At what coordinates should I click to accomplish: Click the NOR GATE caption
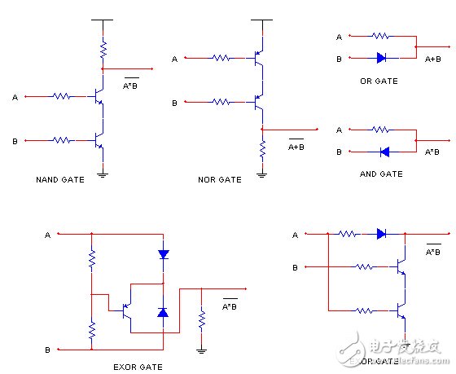click(x=219, y=179)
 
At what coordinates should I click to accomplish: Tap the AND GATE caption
click(x=380, y=174)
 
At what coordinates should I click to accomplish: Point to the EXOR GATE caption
click(x=138, y=367)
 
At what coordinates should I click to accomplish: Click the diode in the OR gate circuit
click(x=380, y=58)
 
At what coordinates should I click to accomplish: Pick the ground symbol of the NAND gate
click(x=103, y=171)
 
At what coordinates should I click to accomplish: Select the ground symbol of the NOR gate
click(x=261, y=172)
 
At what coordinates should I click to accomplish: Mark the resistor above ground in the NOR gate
click(x=261, y=149)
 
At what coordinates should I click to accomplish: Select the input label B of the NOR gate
click(x=174, y=103)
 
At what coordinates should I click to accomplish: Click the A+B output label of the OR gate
click(x=434, y=59)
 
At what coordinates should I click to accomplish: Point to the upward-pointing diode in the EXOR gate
click(x=163, y=312)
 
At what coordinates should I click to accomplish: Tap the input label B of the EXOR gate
click(x=47, y=350)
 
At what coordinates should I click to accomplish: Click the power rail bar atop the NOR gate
click(x=261, y=19)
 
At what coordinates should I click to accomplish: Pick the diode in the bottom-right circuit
click(x=380, y=234)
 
